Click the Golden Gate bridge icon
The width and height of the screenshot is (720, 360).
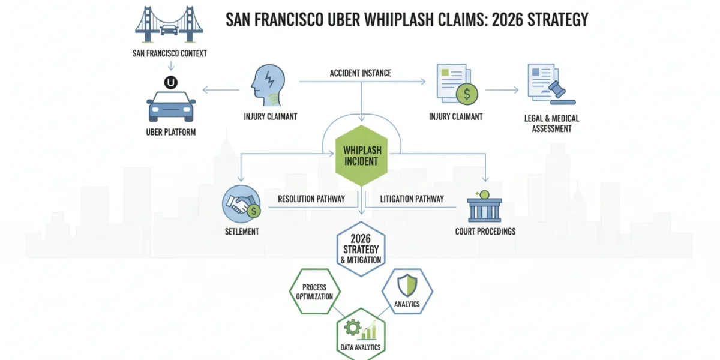click(169, 25)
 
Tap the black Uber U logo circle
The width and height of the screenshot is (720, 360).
click(171, 83)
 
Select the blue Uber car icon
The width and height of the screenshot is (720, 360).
click(171, 107)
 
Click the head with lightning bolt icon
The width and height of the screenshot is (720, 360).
click(268, 85)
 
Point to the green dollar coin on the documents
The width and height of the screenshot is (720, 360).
click(467, 94)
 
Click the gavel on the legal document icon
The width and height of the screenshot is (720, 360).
click(561, 92)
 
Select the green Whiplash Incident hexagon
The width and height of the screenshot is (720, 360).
click(361, 156)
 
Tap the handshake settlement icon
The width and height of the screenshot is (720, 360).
click(241, 204)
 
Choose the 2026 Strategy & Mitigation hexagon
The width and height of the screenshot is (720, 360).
click(361, 249)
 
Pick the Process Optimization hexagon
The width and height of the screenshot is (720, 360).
click(314, 292)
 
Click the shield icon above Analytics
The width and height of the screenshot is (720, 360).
click(407, 285)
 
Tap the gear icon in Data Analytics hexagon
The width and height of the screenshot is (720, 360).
click(353, 328)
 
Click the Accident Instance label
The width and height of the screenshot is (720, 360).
click(361, 73)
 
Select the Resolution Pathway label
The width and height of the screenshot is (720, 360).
click(311, 199)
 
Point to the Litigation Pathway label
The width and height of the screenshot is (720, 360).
click(412, 199)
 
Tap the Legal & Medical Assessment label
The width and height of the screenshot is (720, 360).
click(551, 124)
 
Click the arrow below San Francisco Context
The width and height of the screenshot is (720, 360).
click(171, 65)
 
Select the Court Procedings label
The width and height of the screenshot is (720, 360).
click(485, 232)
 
